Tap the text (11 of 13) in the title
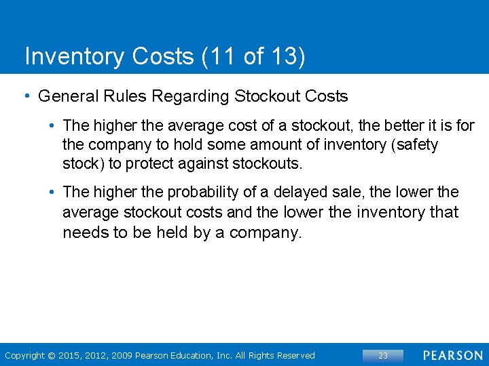coord(253,56)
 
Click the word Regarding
coord(191,96)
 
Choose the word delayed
coord(297,192)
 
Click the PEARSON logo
coord(453,355)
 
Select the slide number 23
coord(383,355)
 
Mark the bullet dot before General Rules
coord(26,96)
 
